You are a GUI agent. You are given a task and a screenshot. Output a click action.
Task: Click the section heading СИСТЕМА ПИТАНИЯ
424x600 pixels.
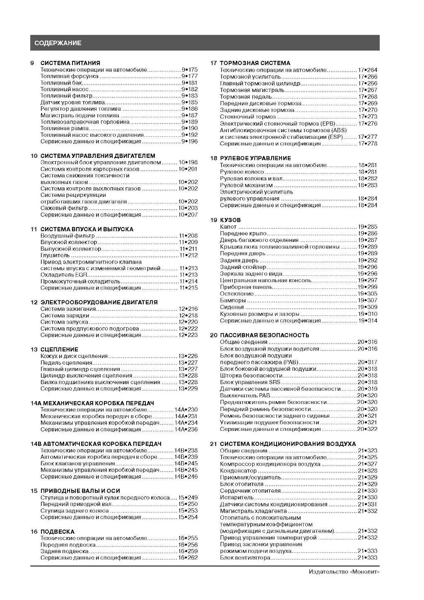(x=70, y=63)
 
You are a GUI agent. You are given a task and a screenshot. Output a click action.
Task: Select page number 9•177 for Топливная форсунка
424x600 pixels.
(x=190, y=76)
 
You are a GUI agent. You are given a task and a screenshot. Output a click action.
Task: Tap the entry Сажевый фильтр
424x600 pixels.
(x=64, y=208)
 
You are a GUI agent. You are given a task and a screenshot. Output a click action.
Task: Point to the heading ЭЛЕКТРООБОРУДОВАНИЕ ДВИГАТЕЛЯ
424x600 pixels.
(x=99, y=302)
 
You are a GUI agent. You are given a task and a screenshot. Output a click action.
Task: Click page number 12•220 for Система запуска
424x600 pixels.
(x=188, y=322)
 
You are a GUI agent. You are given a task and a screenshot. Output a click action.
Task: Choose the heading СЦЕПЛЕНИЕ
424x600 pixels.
(x=59, y=349)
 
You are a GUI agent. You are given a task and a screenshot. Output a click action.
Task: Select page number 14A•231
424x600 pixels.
(x=186, y=416)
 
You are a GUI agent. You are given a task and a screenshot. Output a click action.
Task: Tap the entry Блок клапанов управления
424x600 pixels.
(x=78, y=463)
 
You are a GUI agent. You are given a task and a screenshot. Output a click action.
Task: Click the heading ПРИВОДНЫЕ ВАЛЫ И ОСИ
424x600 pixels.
(x=80, y=491)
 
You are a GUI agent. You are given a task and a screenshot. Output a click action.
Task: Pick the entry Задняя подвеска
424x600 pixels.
(x=64, y=551)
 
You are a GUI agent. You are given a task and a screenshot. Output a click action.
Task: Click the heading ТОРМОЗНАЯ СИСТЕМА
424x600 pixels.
(x=255, y=63)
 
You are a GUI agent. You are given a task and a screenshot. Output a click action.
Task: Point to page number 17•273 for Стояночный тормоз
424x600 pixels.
(x=368, y=116)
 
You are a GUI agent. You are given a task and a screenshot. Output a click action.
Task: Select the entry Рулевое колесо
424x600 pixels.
(x=242, y=172)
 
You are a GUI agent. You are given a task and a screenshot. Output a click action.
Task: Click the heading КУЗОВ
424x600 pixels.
(x=230, y=220)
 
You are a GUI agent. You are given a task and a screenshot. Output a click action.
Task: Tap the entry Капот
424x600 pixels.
(x=228, y=227)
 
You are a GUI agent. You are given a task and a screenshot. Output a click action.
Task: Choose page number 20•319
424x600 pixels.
(x=367, y=389)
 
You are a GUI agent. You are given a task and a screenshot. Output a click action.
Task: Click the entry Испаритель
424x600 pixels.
(x=236, y=497)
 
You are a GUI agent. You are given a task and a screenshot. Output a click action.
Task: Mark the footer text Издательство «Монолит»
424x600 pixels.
(x=344, y=572)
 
